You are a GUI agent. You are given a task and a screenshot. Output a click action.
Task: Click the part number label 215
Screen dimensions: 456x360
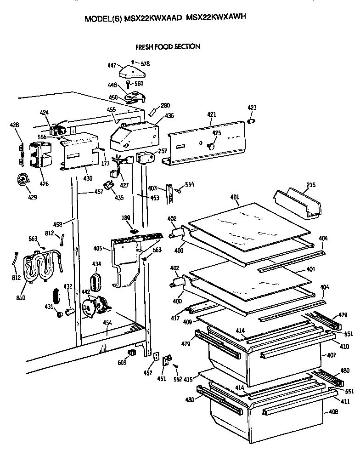point(311,186)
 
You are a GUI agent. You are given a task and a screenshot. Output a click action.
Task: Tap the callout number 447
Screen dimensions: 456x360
point(112,66)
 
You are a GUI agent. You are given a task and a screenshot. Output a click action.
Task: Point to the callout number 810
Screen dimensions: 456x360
point(20,298)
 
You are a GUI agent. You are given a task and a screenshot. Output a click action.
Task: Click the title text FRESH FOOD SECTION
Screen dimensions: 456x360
point(167,47)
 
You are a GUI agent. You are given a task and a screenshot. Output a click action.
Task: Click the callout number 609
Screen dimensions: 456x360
point(122,363)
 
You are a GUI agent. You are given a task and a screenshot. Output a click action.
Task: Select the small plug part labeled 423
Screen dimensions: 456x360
point(251,121)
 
